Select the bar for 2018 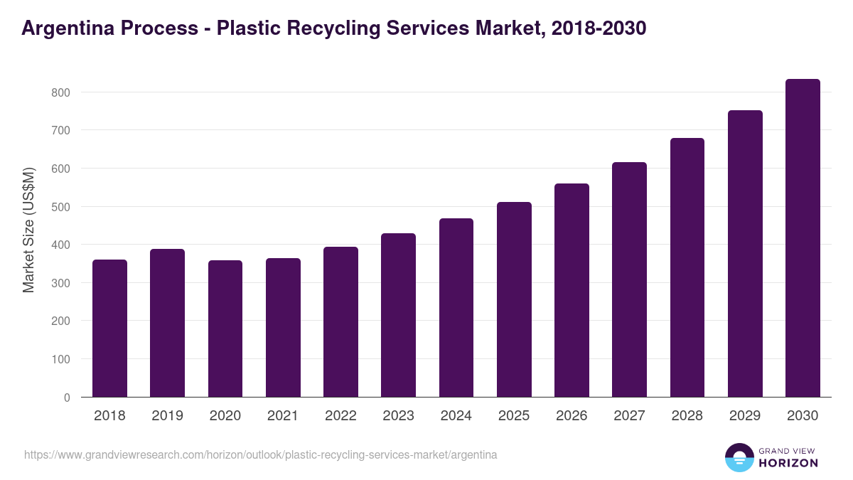pyautogui.click(x=109, y=329)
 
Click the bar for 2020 pyautogui.click(x=225, y=329)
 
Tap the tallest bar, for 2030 pyautogui.click(x=803, y=238)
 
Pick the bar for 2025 pyautogui.click(x=514, y=299)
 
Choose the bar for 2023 pyautogui.click(x=398, y=315)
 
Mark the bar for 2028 pyautogui.click(x=687, y=267)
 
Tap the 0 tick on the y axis pyautogui.click(x=67, y=398)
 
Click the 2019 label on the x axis pyautogui.click(x=167, y=416)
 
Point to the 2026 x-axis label pyautogui.click(x=572, y=416)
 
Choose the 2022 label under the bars pyautogui.click(x=340, y=416)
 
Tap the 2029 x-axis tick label pyautogui.click(x=745, y=416)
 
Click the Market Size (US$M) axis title pyautogui.click(x=28, y=230)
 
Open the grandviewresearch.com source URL pyautogui.click(x=260, y=454)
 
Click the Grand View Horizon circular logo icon pyautogui.click(x=739, y=458)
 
